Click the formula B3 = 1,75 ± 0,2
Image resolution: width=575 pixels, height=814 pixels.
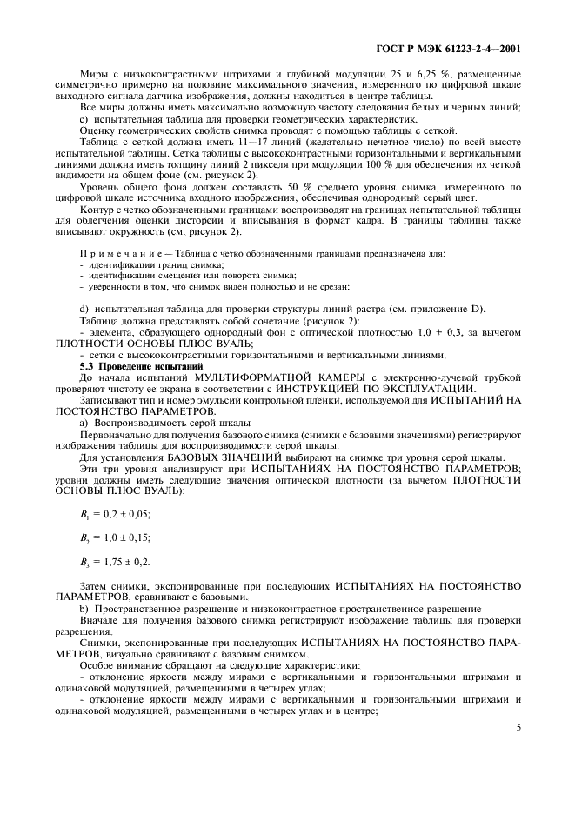point(111,561)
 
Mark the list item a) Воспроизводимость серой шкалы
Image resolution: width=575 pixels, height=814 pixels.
point(165,422)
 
